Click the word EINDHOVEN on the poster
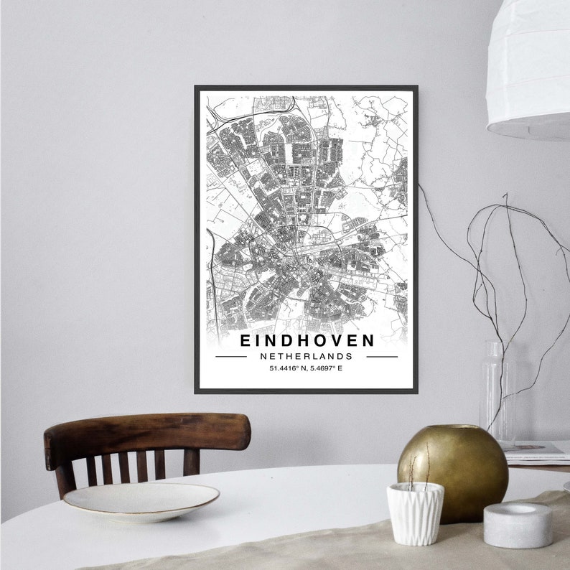coord(307,340)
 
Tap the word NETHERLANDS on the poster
coord(307,356)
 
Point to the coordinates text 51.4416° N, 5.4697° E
coord(307,369)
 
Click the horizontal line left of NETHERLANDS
coord(231,356)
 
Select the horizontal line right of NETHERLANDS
coord(381,356)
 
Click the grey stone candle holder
coord(517,525)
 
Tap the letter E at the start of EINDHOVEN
coord(245,340)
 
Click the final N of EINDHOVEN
coord(368,340)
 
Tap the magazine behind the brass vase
coord(535,450)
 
